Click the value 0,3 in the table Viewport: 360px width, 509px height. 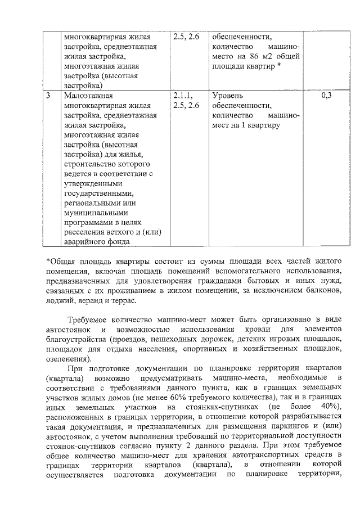[326, 96]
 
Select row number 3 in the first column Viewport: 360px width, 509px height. [49, 96]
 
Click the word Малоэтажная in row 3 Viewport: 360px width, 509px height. [89, 96]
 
